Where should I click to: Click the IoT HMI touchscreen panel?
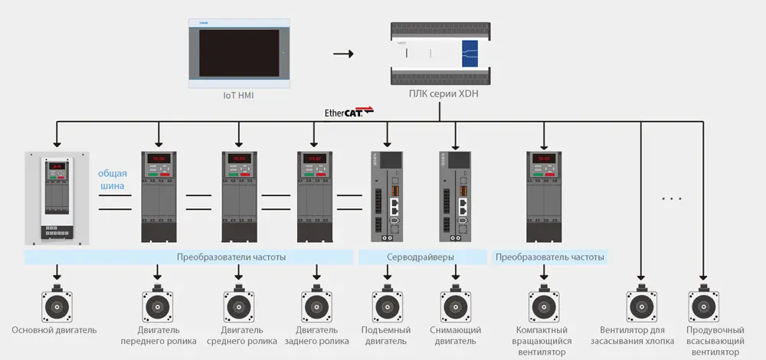(x=240, y=52)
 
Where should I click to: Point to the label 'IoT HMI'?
(x=239, y=96)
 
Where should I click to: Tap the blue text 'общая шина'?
(x=113, y=179)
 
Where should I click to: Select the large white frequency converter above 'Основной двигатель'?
(x=57, y=198)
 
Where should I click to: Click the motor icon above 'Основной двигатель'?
(x=57, y=305)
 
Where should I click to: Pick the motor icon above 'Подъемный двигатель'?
(x=386, y=305)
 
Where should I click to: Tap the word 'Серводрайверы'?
(x=420, y=257)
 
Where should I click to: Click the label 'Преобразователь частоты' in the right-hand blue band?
(x=550, y=257)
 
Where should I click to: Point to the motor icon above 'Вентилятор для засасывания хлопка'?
(x=640, y=305)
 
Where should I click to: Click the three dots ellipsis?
(x=671, y=199)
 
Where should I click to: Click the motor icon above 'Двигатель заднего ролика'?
(x=316, y=305)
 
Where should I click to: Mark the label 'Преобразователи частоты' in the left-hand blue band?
(x=231, y=257)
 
